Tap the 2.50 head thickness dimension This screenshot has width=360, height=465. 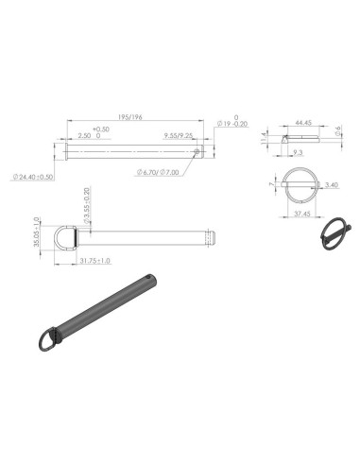click(x=85, y=136)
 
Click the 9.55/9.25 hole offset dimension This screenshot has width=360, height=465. click(x=179, y=136)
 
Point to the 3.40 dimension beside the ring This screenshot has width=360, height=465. click(x=331, y=186)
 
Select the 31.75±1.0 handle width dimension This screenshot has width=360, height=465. click(x=94, y=260)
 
